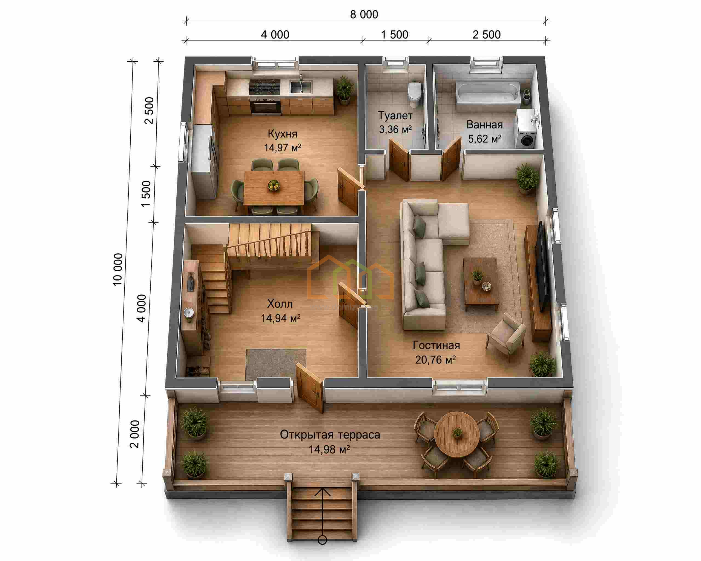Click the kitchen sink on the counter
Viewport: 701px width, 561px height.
click(301, 87)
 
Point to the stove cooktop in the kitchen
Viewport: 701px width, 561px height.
click(265, 87)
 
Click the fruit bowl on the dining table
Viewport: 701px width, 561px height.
click(274, 185)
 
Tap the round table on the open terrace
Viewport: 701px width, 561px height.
click(457, 434)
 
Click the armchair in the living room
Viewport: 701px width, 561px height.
click(506, 337)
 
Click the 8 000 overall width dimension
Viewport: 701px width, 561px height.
click(364, 15)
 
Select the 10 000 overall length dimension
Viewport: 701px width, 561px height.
click(118, 270)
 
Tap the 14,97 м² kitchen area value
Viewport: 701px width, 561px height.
click(282, 148)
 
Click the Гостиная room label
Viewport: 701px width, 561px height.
click(436, 345)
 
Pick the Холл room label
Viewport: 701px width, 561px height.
click(280, 304)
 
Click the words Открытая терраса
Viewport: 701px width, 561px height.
click(330, 435)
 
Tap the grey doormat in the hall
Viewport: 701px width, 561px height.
click(276, 364)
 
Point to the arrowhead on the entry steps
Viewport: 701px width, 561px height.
click(323, 491)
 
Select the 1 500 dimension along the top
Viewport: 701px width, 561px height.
click(394, 35)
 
